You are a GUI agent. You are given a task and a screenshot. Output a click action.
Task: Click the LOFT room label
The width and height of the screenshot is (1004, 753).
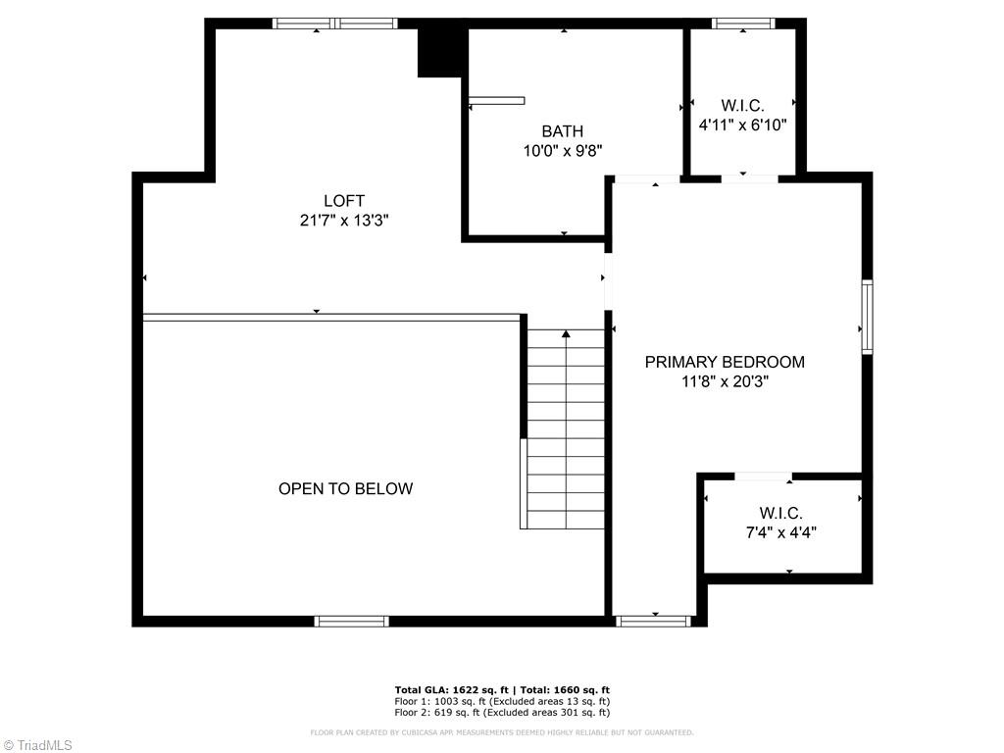344,201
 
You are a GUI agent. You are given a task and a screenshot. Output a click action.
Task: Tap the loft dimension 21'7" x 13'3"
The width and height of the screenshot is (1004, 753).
344,221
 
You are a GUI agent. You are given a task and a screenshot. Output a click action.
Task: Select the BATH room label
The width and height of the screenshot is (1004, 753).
562,131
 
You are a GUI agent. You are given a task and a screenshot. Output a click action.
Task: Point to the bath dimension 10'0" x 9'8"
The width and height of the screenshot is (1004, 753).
562,151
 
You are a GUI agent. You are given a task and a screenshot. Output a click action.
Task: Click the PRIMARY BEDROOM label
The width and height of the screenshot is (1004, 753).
725,362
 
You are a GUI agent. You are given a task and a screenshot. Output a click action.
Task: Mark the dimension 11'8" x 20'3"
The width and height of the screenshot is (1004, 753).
725,381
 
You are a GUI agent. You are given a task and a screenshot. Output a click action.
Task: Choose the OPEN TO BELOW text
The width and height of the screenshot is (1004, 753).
345,488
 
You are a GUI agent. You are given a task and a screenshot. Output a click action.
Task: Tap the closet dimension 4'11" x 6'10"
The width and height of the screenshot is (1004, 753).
742,125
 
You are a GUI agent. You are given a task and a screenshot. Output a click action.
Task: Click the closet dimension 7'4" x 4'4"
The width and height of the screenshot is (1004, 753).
780,532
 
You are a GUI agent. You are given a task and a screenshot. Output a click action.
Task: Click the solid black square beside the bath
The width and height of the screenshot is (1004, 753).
440,51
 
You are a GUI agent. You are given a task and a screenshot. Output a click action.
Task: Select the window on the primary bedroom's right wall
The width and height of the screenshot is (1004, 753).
867,317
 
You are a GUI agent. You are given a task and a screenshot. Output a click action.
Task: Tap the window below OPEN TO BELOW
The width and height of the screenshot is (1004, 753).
351,621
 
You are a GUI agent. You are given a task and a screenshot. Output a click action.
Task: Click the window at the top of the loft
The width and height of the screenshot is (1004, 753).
334,23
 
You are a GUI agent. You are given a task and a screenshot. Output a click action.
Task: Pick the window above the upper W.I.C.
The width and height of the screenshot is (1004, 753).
742,23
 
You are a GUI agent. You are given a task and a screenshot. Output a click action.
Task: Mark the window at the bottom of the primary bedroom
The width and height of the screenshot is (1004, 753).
654,621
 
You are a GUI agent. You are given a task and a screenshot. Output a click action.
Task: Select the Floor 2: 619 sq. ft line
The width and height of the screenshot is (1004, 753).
502,713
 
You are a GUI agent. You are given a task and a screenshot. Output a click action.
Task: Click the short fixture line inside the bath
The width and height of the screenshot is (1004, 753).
496,100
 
